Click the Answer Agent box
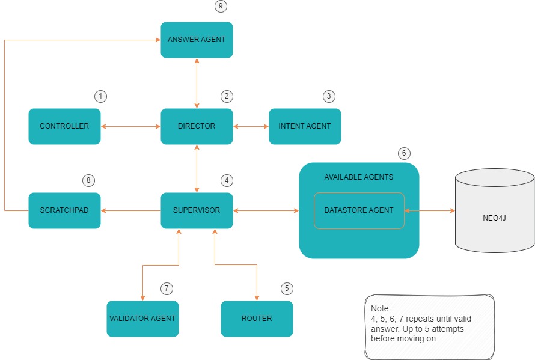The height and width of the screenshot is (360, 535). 197,40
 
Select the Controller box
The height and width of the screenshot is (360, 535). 64,126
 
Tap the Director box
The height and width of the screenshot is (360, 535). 197,126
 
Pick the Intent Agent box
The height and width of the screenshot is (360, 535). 305,126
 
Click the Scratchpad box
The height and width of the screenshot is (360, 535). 64,210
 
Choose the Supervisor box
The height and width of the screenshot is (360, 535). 197,210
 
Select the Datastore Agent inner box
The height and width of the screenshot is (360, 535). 359,210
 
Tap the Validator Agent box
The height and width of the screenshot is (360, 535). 142,318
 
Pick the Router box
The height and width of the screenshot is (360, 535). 257,318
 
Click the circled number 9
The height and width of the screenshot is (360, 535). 221,6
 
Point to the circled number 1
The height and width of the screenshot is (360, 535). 100,96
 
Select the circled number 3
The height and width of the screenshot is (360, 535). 329,96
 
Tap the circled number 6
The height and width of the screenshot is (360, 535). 405,153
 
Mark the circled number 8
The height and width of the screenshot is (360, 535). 88,180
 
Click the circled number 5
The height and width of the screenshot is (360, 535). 287,288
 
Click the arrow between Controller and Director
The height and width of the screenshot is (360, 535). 130,126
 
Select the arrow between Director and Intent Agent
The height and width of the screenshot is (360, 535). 251,126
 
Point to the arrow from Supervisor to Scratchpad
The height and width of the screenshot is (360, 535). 130,210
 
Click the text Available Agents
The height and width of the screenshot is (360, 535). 359,177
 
